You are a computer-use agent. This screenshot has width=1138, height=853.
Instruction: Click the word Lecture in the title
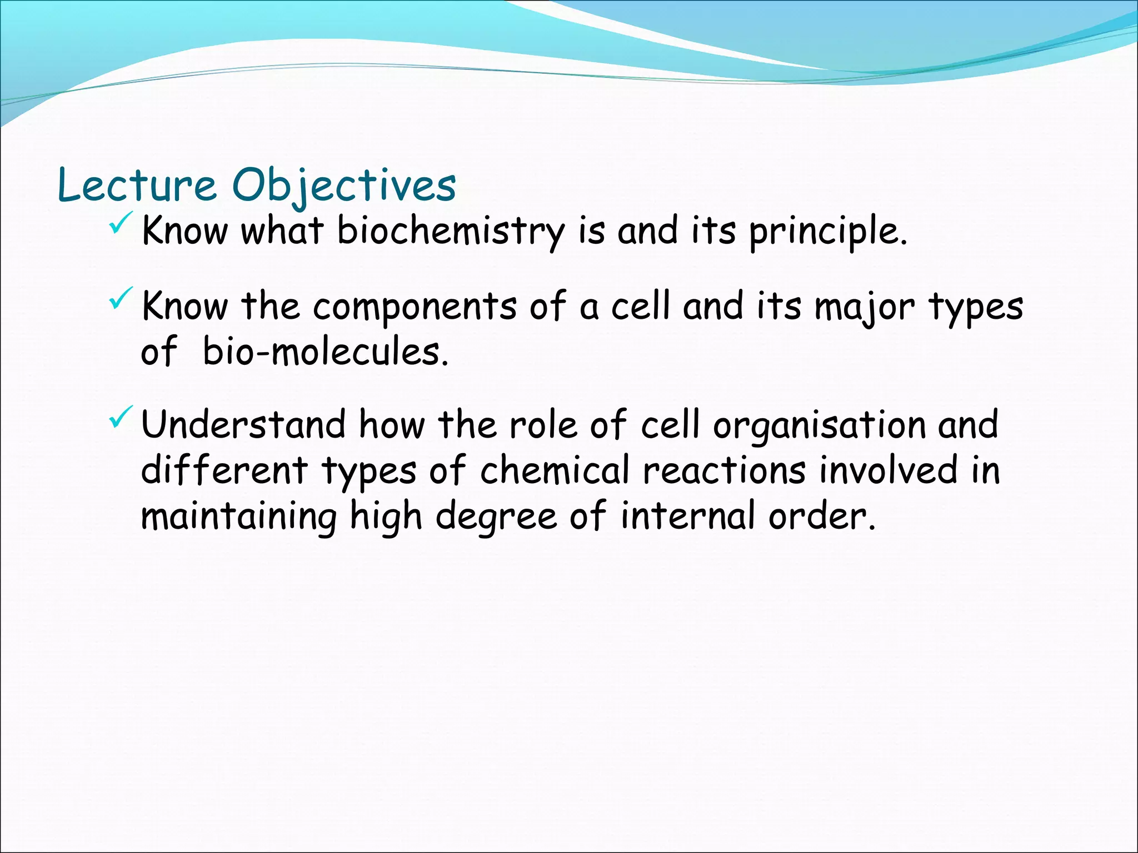click(137, 185)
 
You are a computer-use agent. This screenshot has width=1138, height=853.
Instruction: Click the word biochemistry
click(451, 231)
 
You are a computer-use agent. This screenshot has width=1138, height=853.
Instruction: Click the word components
click(415, 307)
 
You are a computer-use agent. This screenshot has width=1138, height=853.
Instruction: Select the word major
click(864, 307)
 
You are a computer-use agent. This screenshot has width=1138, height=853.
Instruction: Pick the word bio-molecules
click(325, 352)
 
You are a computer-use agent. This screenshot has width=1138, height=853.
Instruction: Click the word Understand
click(243, 424)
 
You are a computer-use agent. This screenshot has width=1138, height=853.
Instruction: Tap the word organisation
click(819, 425)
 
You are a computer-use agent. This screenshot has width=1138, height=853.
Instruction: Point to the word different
click(224, 470)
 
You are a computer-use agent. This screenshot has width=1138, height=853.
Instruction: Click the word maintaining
click(238, 516)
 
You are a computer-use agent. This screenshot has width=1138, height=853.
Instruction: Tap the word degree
click(496, 516)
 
